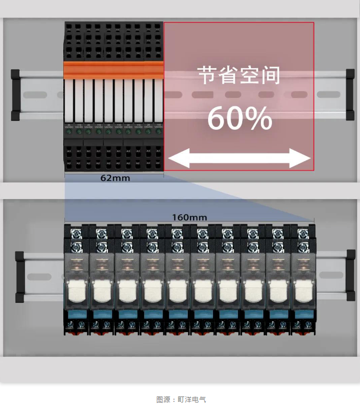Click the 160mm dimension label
(189, 217)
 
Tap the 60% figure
(239, 118)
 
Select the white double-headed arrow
(239, 160)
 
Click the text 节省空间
(239, 75)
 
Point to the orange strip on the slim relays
(114, 70)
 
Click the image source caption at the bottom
(181, 400)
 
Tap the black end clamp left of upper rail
(16, 94)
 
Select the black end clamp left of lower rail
(20, 277)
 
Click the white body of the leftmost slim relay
(70, 102)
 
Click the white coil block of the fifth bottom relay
(177, 291)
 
